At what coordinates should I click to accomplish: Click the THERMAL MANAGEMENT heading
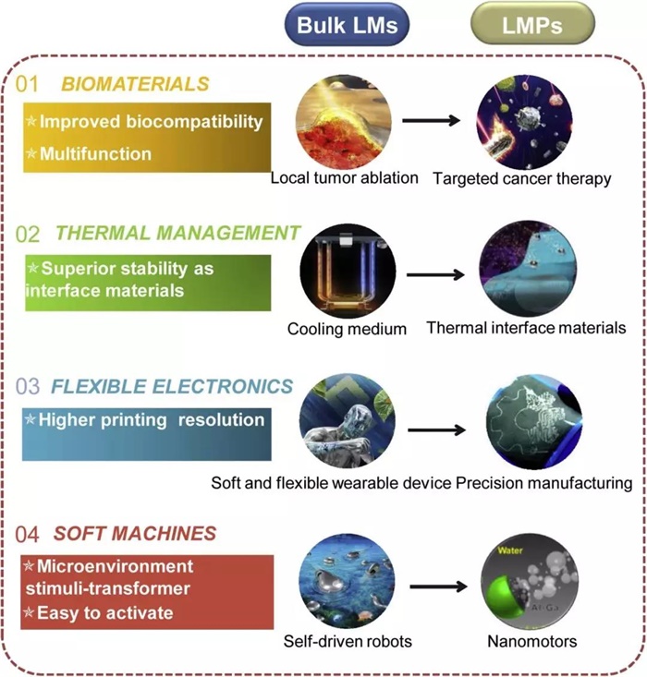pos(178,233)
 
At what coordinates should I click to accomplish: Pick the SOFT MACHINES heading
pos(136,533)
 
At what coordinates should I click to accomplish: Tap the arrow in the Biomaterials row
pos(434,121)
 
